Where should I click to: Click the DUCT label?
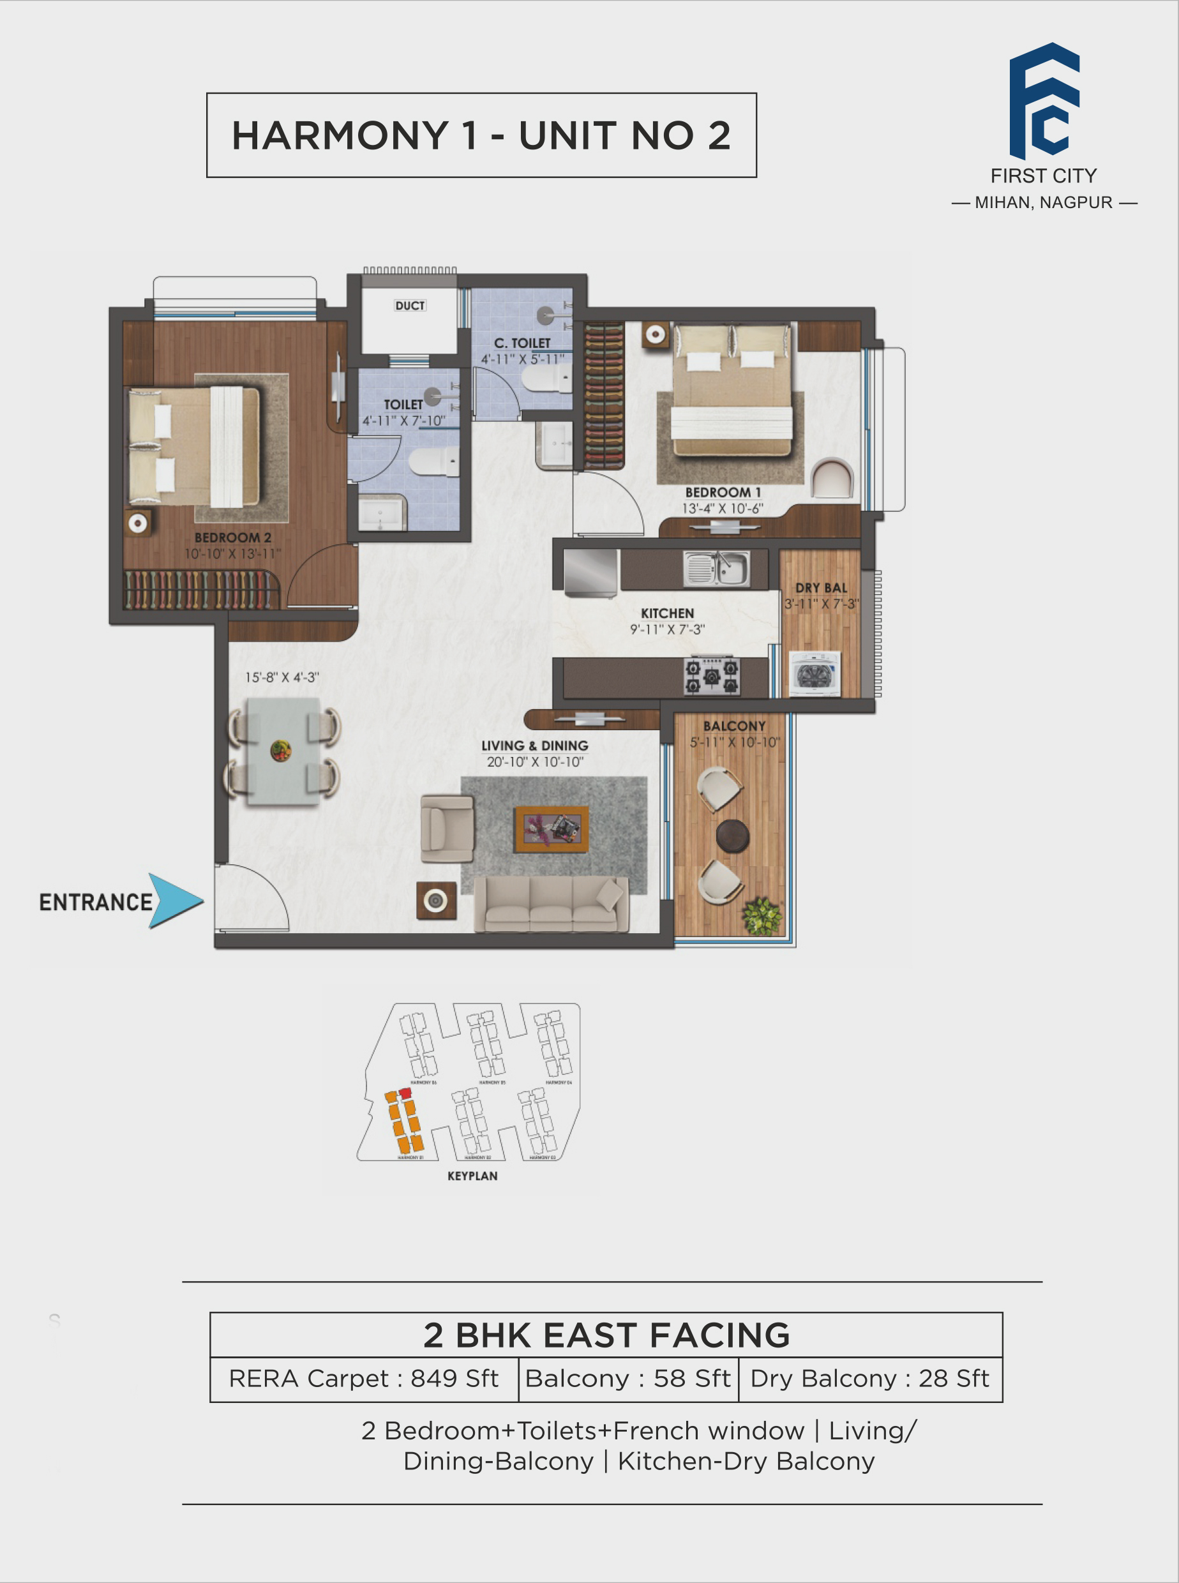pyautogui.click(x=410, y=306)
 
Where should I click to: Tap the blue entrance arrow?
pyautogui.click(x=174, y=901)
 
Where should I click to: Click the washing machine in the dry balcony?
pyautogui.click(x=815, y=673)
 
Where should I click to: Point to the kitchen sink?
pyautogui.click(x=717, y=569)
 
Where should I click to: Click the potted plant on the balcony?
pyautogui.click(x=762, y=916)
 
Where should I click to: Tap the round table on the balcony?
pyautogui.click(x=732, y=835)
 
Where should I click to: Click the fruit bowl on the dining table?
pyautogui.click(x=280, y=751)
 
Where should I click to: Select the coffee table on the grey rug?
pyautogui.click(x=552, y=829)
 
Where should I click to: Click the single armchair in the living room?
pyautogui.click(x=447, y=829)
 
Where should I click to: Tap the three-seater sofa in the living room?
pyautogui.click(x=551, y=904)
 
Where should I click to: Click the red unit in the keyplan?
pyautogui.click(x=405, y=1092)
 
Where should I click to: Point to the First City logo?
pyautogui.click(x=1044, y=101)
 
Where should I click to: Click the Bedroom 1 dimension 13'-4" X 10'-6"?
pyautogui.click(x=722, y=508)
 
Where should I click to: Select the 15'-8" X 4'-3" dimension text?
pyautogui.click(x=282, y=677)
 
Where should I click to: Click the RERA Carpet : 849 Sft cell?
pyautogui.click(x=363, y=1378)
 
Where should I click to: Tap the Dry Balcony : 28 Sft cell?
pyautogui.click(x=869, y=1378)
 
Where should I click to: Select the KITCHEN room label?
pyautogui.click(x=666, y=613)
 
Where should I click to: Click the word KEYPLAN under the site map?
pyautogui.click(x=472, y=1176)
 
